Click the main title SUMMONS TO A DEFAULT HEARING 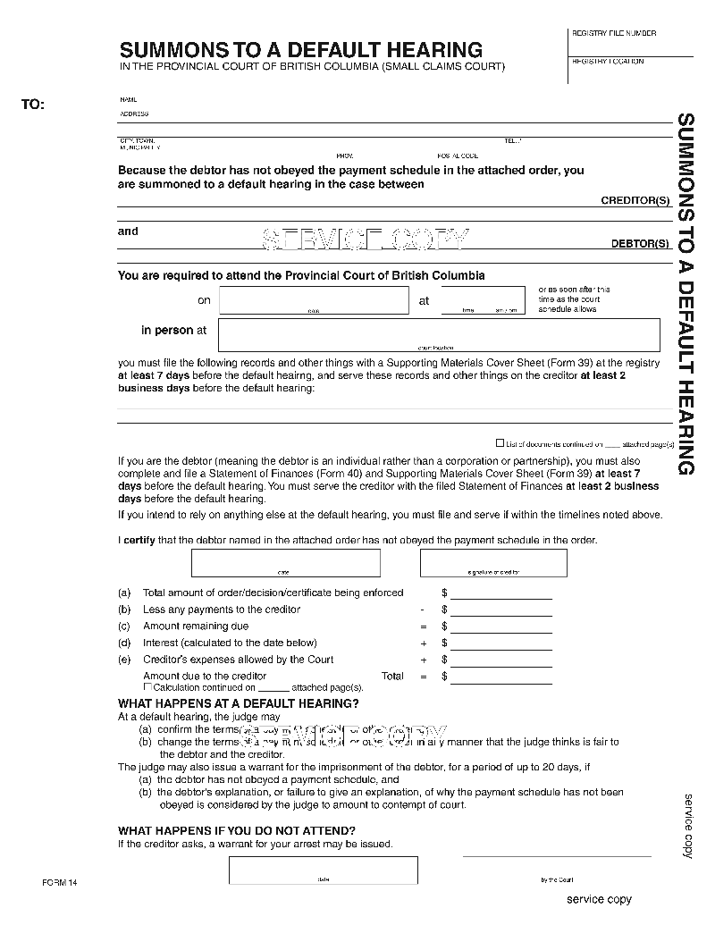point(301,50)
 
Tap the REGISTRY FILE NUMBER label point(613,33)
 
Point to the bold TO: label point(32,105)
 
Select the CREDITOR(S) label point(635,201)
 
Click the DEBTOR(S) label point(640,243)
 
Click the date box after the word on point(313,300)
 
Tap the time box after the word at point(483,300)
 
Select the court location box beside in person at point(438,335)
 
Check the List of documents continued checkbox point(500,442)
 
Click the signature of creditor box point(493,563)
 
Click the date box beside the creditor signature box point(286,563)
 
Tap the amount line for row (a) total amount point(500,593)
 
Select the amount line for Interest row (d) point(500,643)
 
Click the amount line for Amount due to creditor point(500,677)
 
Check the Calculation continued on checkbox point(148,686)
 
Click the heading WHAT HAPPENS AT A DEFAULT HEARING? point(239,704)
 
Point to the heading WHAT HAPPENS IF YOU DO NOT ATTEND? point(237,831)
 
